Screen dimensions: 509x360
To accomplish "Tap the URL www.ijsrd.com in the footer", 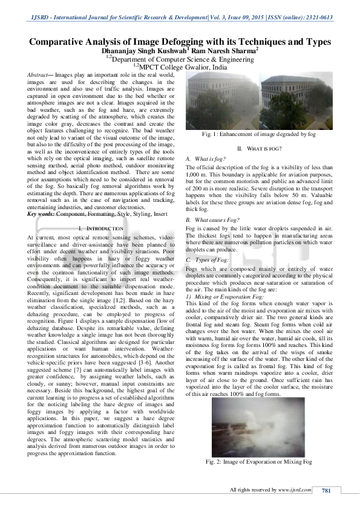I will click(298, 490).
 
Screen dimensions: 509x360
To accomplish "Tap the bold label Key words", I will click(41, 215).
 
